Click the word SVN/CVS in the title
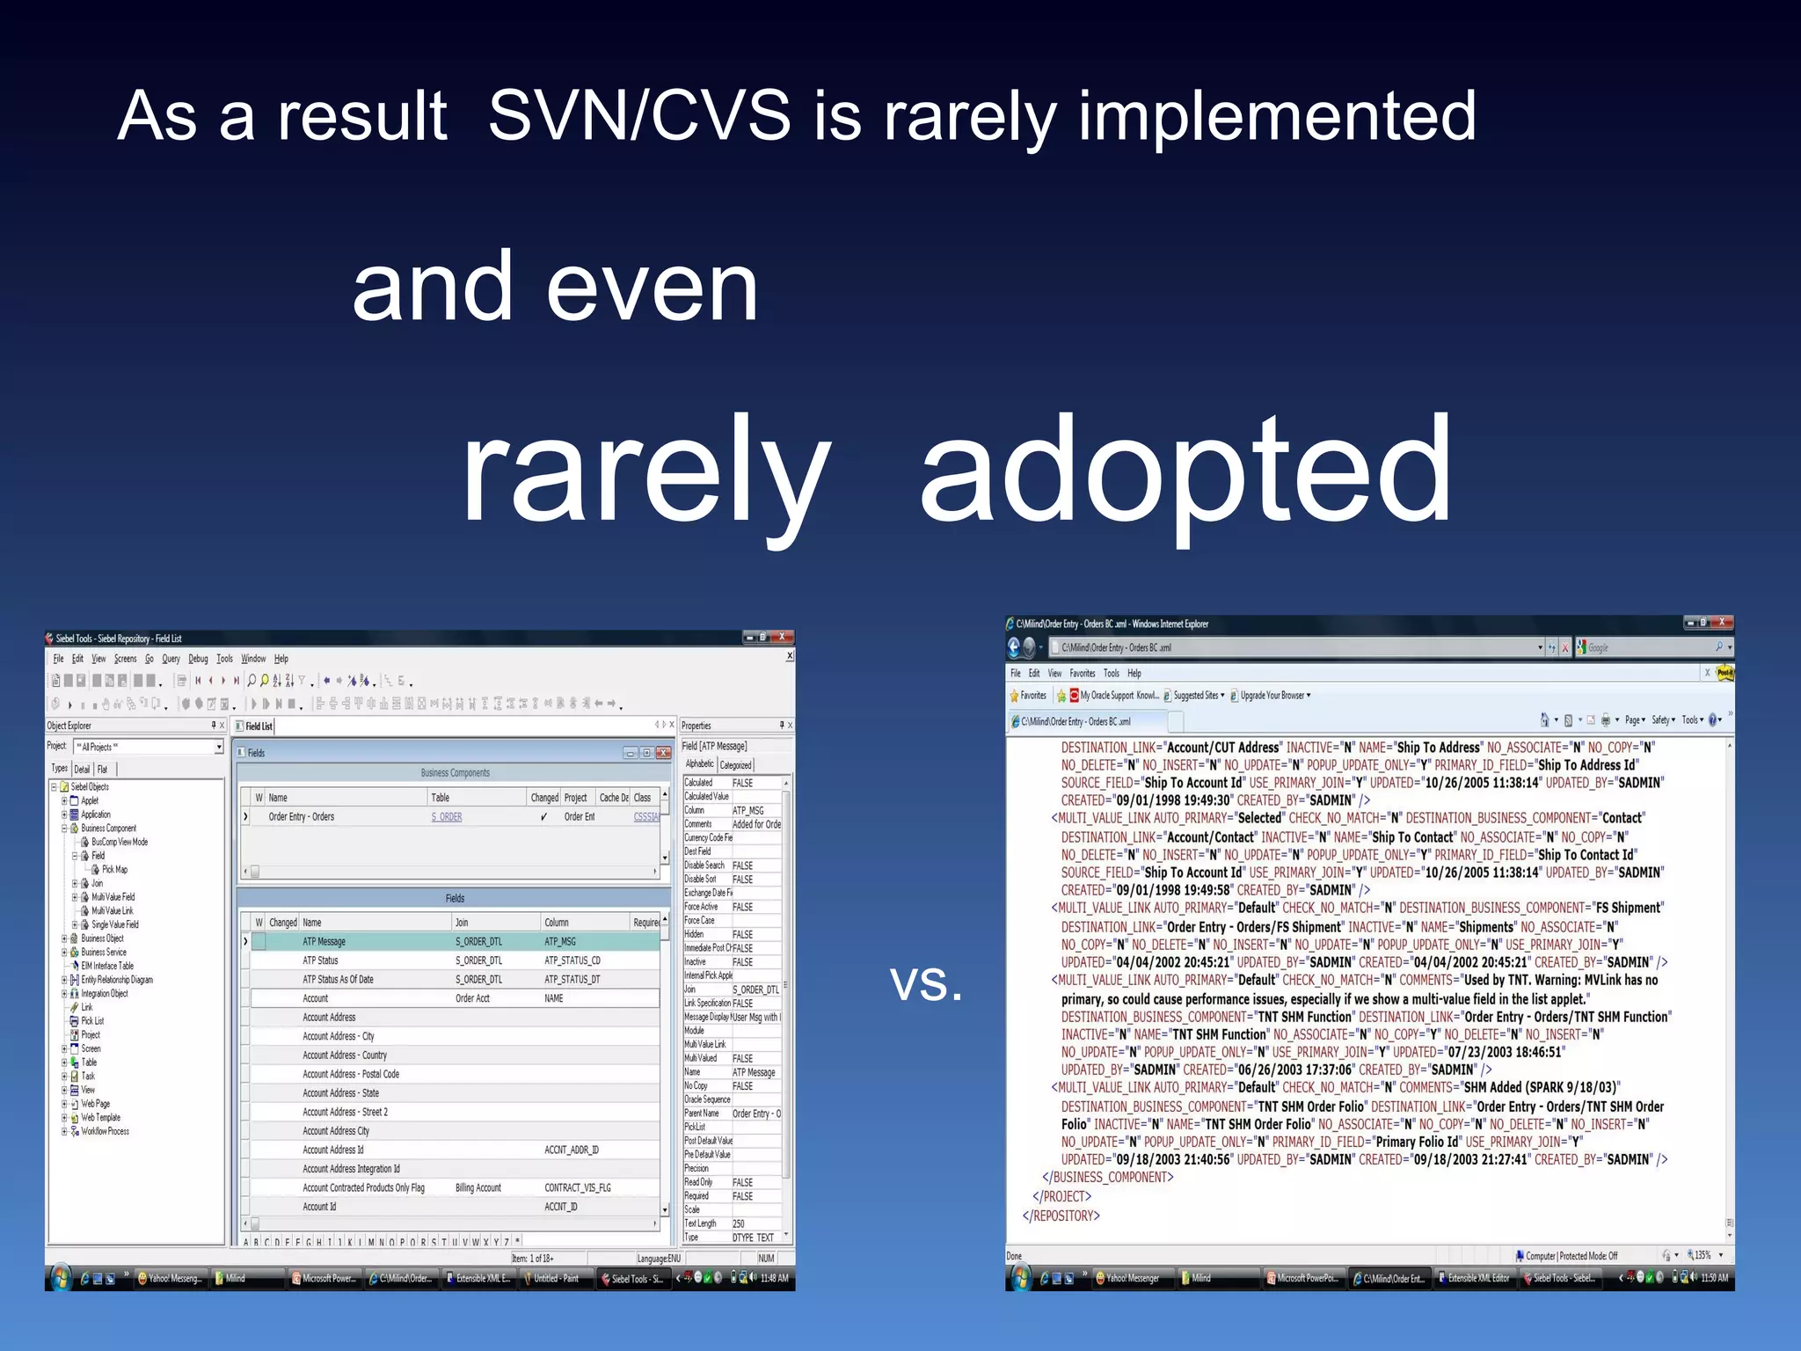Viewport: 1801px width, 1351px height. pyautogui.click(x=639, y=116)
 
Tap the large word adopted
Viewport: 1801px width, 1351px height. pyautogui.click(x=1185, y=471)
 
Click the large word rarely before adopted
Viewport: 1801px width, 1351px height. pyautogui.click(x=645, y=471)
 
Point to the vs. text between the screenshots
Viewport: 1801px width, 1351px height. pyautogui.click(x=926, y=982)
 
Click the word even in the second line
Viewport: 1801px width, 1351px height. pyautogui.click(x=652, y=288)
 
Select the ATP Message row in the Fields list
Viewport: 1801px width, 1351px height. pyautogui.click(x=324, y=941)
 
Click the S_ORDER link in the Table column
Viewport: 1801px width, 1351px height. pyautogui.click(x=447, y=817)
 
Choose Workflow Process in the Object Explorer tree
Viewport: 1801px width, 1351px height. pyautogui.click(x=105, y=1131)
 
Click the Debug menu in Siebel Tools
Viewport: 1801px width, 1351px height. pyautogui.click(x=198, y=659)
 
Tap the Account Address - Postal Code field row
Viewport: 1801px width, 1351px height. pyautogui.click(x=351, y=1074)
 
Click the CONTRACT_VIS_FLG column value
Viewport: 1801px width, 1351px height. pyautogui.click(x=578, y=1187)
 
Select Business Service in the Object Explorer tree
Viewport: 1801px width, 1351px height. pyautogui.click(x=104, y=952)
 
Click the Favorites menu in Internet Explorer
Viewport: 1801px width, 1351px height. pyautogui.click(x=1082, y=674)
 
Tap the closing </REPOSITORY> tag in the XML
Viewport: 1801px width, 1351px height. pyautogui.click(x=1061, y=1216)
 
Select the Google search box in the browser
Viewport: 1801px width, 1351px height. pyautogui.click(x=1649, y=647)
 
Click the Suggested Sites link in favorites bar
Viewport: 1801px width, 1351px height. pyautogui.click(x=1196, y=696)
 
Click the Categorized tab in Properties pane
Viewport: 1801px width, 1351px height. pyautogui.click(x=736, y=765)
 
